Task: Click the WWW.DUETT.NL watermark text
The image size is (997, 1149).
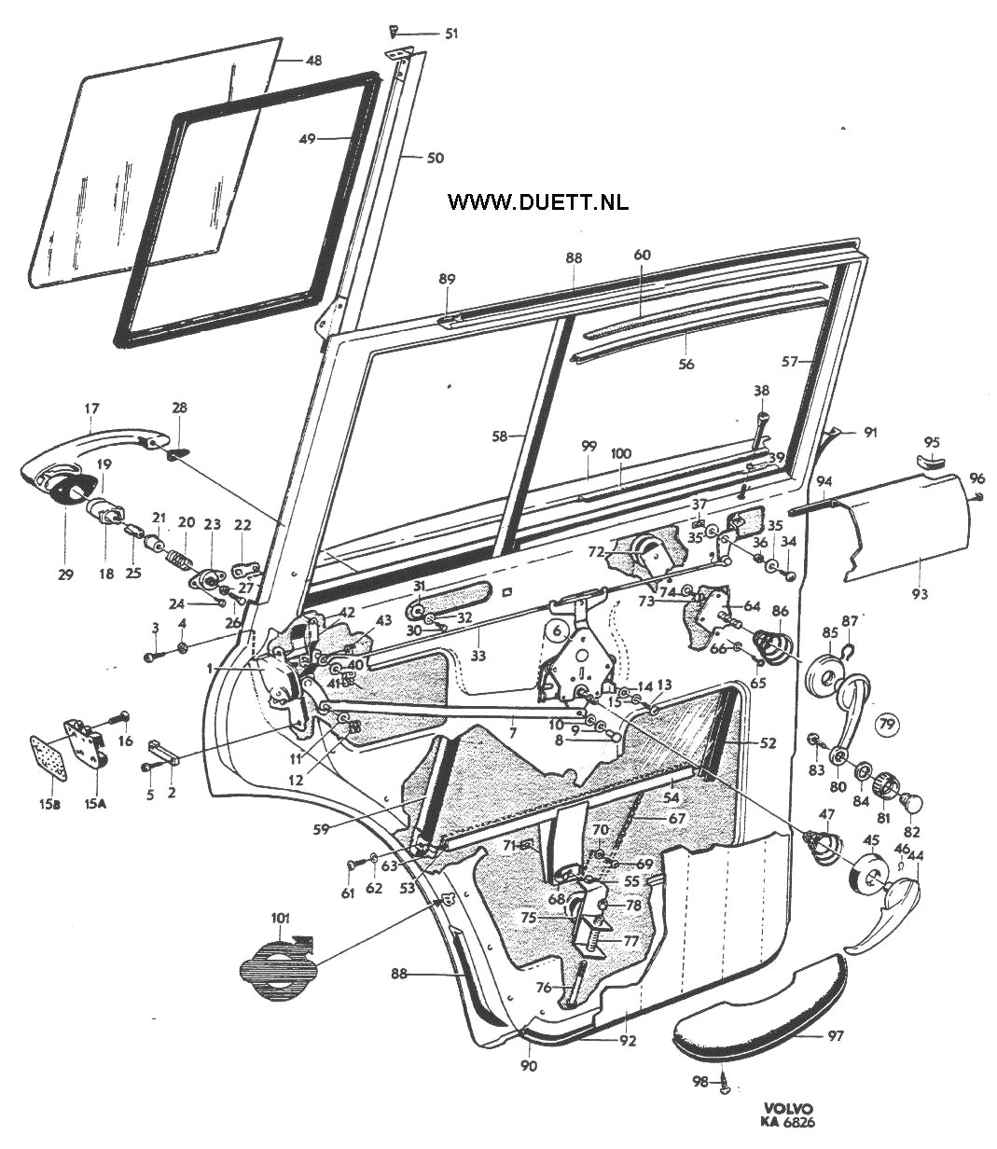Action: [538, 201]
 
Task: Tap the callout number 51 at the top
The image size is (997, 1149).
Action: [451, 34]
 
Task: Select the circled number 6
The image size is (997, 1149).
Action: [557, 630]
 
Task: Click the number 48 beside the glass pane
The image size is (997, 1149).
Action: [313, 60]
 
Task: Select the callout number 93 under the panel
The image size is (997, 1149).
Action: [921, 593]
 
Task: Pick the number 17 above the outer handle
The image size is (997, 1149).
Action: [91, 408]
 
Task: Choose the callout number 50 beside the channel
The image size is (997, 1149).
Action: [435, 158]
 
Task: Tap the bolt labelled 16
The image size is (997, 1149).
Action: [122, 719]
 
